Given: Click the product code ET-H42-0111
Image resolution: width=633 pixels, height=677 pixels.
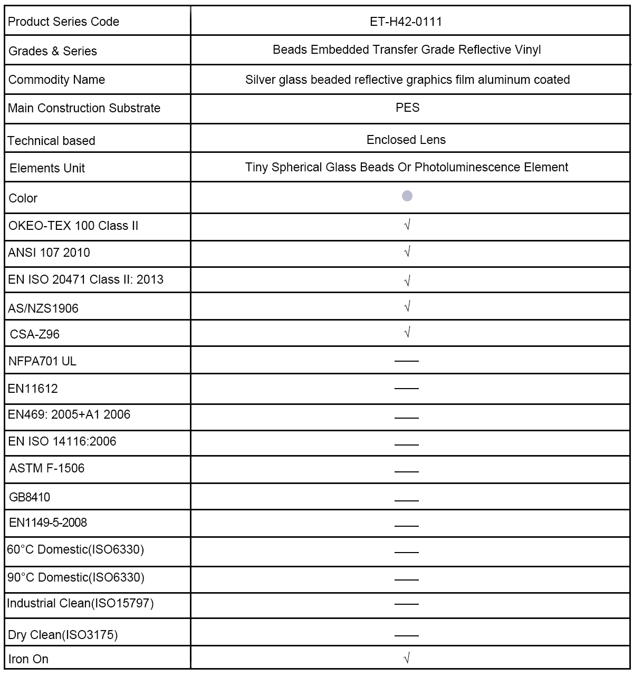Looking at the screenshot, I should [406, 22].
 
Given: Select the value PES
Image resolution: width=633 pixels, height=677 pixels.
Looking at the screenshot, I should [407, 108].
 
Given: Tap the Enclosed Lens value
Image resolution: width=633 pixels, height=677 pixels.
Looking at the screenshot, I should [406, 140].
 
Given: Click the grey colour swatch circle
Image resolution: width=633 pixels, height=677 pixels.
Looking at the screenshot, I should [407, 196].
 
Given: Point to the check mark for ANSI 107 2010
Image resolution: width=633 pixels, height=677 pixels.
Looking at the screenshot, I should [407, 252].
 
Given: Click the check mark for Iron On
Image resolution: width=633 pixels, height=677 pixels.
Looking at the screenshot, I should [407, 657].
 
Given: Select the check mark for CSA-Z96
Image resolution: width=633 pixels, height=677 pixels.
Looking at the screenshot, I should [407, 332].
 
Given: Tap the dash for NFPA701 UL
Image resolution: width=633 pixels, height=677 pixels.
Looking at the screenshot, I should [406, 361].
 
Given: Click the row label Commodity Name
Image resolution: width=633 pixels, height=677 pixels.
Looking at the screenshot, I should [56, 80].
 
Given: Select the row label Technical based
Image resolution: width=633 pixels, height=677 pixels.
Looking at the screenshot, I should [51, 141].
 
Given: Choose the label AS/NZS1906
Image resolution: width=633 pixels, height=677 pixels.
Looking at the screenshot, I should [43, 308].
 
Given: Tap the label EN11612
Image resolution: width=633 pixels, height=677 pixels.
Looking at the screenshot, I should [33, 389].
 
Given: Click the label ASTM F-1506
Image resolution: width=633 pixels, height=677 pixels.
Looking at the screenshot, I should [46, 468].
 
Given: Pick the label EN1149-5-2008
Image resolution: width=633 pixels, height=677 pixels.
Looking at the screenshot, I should [48, 523].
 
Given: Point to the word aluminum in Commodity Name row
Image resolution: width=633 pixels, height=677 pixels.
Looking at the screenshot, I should [506, 80].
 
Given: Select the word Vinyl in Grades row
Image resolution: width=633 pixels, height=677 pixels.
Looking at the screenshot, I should [527, 50].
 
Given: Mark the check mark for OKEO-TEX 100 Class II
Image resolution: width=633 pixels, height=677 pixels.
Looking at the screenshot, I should [407, 225].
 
